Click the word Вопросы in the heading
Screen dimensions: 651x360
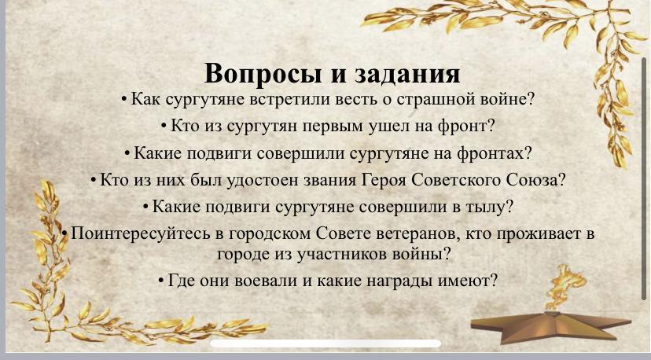pos(263,74)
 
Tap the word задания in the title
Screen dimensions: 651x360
pos(407,74)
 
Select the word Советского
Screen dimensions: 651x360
pos(457,180)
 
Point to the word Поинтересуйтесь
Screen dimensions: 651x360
pos(140,233)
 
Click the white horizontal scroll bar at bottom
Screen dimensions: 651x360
pos(325,343)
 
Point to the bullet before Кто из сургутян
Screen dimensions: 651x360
pos(164,126)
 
